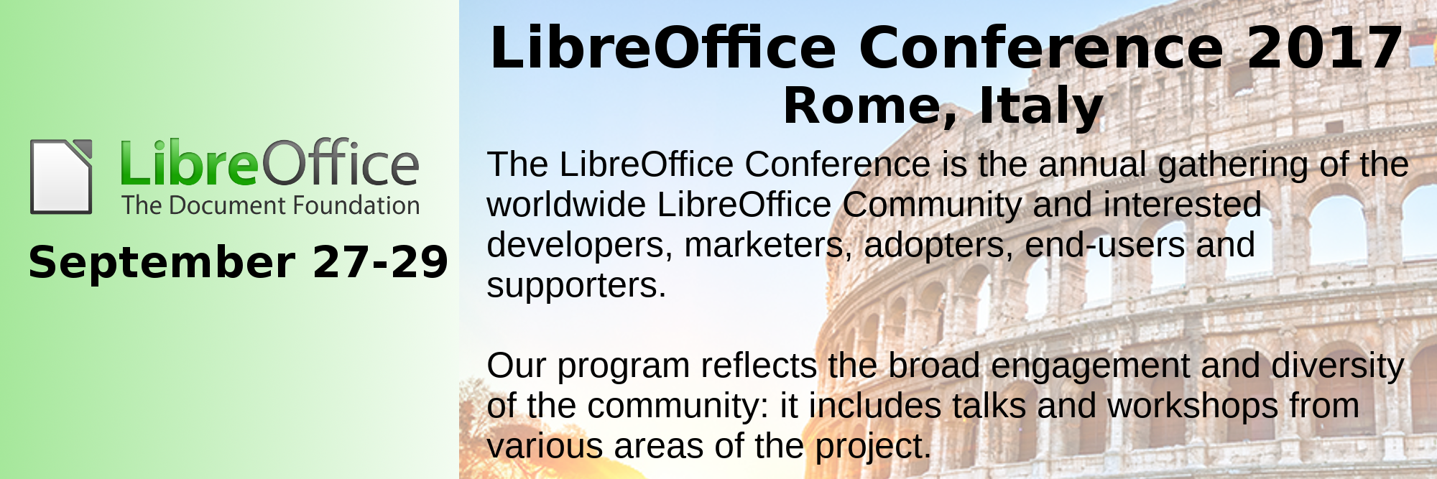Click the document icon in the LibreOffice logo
click(61, 177)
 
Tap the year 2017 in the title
click(1325, 48)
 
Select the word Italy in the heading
click(1041, 106)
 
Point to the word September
click(162, 263)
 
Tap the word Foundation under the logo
click(356, 205)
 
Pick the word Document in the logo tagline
click(225, 205)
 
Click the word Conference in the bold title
click(1041, 48)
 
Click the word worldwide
click(566, 205)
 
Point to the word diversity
click(1338, 367)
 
